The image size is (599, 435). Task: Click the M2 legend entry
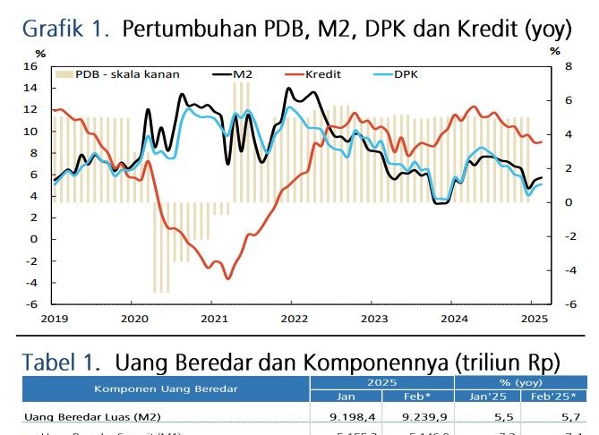click(x=240, y=73)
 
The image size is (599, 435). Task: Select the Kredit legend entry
click(x=323, y=73)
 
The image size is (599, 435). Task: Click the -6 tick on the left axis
click(x=32, y=304)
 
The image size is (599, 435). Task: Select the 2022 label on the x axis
click(x=294, y=318)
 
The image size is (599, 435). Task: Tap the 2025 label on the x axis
click(x=535, y=318)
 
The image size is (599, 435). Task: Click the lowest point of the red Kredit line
click(x=227, y=278)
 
